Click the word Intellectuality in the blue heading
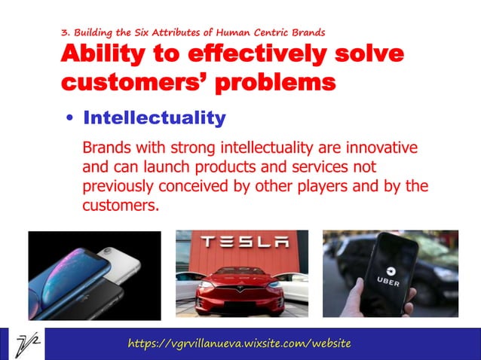click(x=155, y=118)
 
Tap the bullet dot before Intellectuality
click(x=69, y=119)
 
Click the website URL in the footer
click(x=239, y=343)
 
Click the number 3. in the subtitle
click(x=65, y=32)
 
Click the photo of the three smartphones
click(x=94, y=275)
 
